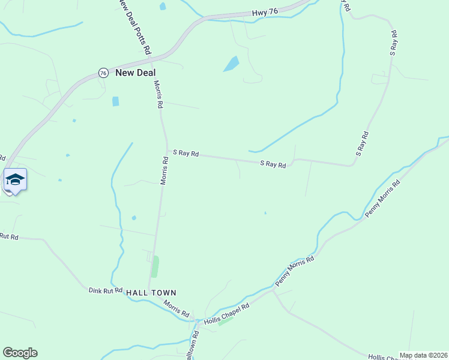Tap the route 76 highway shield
point(103,73)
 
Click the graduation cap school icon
point(15,180)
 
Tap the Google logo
point(20,353)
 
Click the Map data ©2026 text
point(423,355)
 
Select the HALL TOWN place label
point(151,292)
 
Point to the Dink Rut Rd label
point(106,289)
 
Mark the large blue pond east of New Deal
point(231,64)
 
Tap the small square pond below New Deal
point(115,101)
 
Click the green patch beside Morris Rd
point(155,266)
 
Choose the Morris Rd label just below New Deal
point(158,94)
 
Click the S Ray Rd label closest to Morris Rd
point(186,154)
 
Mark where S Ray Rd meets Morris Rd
point(166,151)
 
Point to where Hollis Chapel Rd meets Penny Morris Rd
point(273,290)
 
